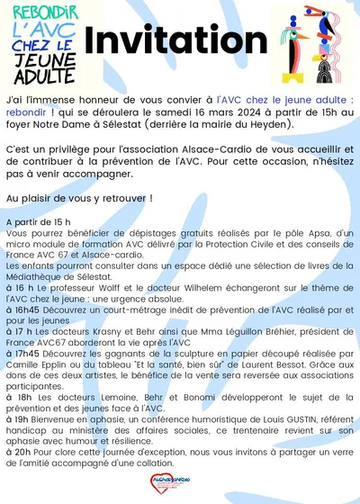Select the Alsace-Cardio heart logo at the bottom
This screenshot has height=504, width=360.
[180, 487]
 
